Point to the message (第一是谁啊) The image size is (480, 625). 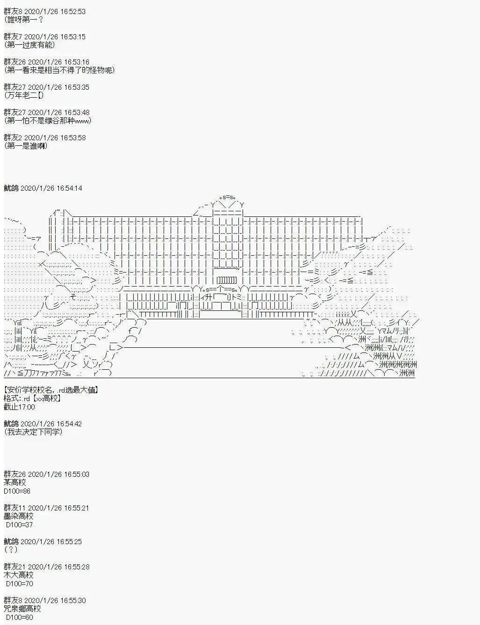tap(26, 146)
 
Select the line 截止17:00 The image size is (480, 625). tap(19, 407)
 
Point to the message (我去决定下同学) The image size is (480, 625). tap(33, 432)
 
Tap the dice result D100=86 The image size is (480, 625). tap(17, 491)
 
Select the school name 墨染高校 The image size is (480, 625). tap(18, 516)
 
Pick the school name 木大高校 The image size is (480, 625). tap(18, 575)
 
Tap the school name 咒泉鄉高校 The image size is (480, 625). tap(22, 609)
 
